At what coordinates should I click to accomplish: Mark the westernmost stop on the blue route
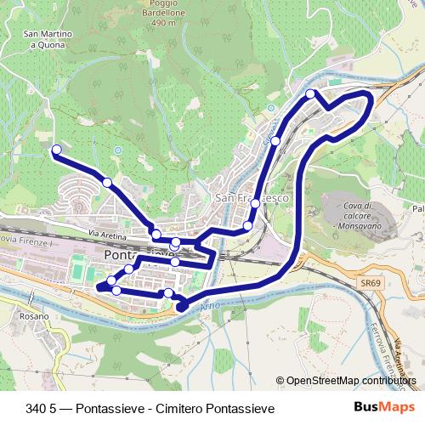[57, 150]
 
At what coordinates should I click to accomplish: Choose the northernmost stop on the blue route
[311, 93]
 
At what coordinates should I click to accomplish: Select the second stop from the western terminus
[107, 182]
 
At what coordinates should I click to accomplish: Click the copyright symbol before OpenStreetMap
[280, 381]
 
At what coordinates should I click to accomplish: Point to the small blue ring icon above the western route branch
[117, 150]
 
